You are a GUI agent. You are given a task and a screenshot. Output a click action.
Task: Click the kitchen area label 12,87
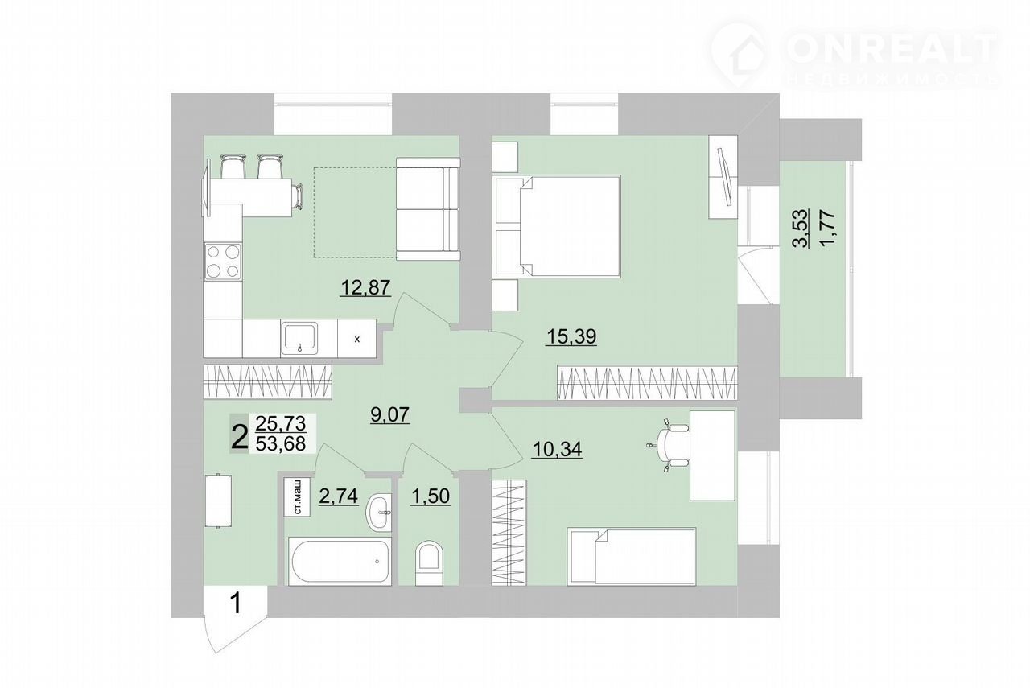click(365, 288)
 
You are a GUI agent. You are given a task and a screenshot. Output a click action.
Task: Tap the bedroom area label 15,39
click(571, 336)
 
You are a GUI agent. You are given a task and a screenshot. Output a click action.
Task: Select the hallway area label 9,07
click(390, 415)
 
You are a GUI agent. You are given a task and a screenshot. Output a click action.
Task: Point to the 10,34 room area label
click(557, 449)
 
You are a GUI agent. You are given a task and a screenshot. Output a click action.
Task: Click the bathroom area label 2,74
click(339, 496)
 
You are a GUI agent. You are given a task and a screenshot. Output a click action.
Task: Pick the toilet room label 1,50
click(430, 496)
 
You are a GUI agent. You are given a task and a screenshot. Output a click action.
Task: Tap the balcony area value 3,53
click(802, 229)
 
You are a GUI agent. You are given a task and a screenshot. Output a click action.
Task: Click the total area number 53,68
click(281, 444)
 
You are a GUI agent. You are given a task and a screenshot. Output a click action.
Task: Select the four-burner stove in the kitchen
click(223, 262)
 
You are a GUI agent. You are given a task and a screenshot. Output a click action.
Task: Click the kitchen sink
click(300, 338)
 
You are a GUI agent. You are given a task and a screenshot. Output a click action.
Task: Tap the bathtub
click(340, 562)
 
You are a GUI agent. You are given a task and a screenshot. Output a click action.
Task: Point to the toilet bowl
click(429, 563)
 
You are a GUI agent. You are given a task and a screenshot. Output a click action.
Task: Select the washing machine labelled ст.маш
click(297, 497)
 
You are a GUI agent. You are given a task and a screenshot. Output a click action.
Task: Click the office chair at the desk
click(669, 445)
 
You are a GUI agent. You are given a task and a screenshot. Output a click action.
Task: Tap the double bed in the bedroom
click(556, 226)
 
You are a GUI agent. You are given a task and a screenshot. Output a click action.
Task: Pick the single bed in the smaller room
click(632, 557)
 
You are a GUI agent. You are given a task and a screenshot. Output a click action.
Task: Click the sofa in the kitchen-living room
click(428, 209)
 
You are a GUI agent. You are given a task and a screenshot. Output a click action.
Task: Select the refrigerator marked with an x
click(356, 339)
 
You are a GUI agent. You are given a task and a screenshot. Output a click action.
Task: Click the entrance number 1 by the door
click(236, 604)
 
